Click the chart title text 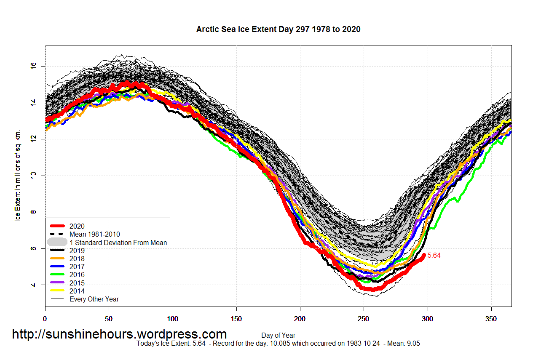pos(278,29)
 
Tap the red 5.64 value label pos(434,256)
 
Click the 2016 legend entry pos(77,275)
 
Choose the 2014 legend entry pos(77,291)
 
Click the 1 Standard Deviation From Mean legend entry pos(118,243)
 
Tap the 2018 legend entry pos(77,259)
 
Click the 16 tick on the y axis pos(34,66)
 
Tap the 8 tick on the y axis pos(34,212)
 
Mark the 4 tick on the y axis pos(34,285)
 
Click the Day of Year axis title pos(278,336)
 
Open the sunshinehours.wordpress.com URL pos(119,334)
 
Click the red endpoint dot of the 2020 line pos(424,255)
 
